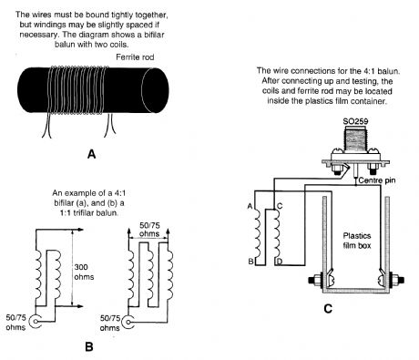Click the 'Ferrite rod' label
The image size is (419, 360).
135,57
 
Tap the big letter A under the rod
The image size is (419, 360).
91,154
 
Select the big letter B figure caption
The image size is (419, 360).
89,346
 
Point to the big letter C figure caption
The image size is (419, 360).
328,309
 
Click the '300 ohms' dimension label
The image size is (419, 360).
84,272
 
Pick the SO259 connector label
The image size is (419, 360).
355,121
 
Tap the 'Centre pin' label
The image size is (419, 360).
377,180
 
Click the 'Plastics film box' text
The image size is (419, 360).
357,241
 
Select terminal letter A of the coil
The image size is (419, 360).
250,207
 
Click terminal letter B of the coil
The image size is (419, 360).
250,262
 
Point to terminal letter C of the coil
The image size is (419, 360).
280,206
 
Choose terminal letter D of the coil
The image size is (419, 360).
280,262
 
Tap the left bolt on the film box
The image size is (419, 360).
316,280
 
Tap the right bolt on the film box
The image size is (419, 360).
394,280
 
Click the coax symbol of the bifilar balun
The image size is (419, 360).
36,321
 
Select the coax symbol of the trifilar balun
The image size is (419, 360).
129,322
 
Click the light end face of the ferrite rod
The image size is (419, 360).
155,90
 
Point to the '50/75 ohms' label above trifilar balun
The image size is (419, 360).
149,230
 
